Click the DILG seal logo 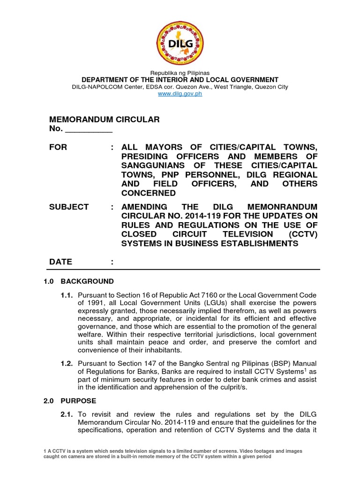[180, 43]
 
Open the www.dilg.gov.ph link [180, 94]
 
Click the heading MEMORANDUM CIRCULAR [105, 120]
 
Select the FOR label [58, 147]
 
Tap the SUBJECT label [69, 207]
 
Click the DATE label [60, 262]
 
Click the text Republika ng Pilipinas [180, 73]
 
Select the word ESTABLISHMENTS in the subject [255, 243]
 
